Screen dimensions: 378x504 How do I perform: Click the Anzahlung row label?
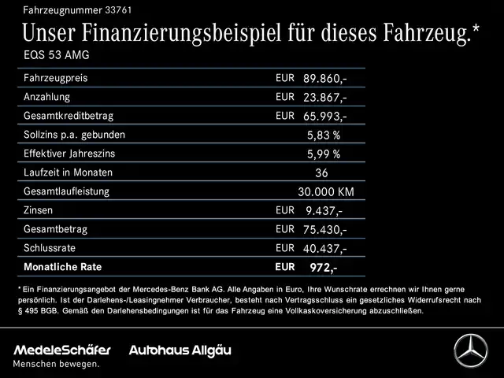pos(47,97)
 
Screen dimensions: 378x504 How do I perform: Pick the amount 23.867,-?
pos(324,98)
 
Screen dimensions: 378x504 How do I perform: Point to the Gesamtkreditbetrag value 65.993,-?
pos(324,117)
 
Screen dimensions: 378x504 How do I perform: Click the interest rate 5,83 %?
pos(324,135)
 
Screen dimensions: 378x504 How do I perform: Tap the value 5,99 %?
pos(324,154)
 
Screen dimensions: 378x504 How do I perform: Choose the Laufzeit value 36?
pos(321,173)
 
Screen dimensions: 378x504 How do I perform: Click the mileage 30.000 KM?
pos(325,192)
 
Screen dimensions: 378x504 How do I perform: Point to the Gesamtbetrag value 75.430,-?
pos(324,230)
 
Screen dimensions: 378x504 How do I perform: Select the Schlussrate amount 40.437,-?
pos(324,249)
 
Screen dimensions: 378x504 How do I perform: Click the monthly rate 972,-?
pos(323,268)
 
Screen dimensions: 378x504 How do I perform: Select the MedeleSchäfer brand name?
pos(62,350)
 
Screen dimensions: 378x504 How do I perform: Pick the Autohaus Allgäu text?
pos(180,350)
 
